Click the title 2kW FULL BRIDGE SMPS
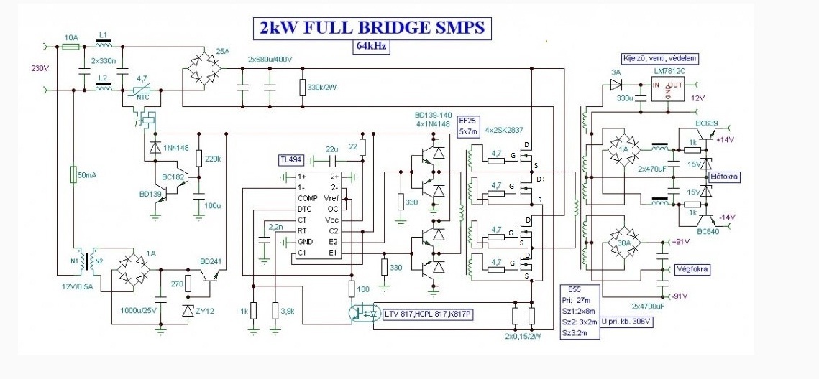pyautogui.click(x=371, y=28)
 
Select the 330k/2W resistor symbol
pyautogui.click(x=303, y=88)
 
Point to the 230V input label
pyautogui.click(x=39, y=69)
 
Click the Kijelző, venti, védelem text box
pyautogui.click(x=659, y=57)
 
